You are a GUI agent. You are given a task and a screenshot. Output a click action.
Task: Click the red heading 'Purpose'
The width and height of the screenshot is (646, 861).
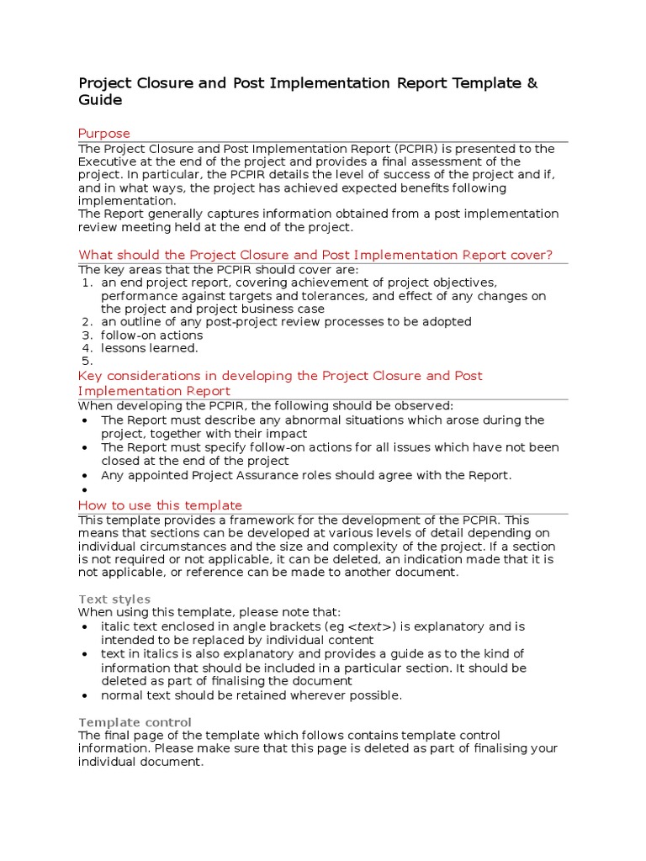(x=103, y=134)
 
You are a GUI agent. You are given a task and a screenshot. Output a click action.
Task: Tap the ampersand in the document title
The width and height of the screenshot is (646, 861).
(x=531, y=83)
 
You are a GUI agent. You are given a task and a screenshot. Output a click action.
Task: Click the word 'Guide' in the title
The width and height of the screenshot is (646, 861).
(x=100, y=100)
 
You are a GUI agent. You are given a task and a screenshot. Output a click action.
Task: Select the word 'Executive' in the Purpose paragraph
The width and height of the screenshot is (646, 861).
(x=108, y=161)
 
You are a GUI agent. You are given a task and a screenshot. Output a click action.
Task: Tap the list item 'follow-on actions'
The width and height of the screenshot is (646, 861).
(x=151, y=335)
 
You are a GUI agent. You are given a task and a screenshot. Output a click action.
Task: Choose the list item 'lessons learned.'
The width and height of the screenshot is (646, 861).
(x=149, y=348)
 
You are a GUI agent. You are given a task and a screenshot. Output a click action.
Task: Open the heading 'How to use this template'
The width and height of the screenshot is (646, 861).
(x=160, y=505)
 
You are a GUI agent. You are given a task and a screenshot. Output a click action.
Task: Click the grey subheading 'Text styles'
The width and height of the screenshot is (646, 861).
(x=114, y=600)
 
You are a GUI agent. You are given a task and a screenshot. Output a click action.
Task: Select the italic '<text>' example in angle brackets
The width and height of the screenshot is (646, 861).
(x=370, y=627)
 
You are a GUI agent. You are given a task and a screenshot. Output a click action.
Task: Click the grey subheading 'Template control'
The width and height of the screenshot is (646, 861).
(x=135, y=722)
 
